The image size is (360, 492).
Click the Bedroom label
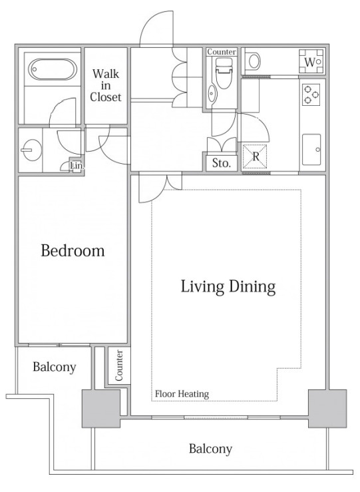tap(73, 251)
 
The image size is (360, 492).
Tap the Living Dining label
tap(228, 286)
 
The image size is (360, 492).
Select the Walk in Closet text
tap(106, 85)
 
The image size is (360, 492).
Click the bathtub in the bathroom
tap(53, 70)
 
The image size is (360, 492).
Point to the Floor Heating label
tap(182, 393)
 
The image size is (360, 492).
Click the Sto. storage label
tap(222, 163)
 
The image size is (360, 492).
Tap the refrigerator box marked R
tap(256, 156)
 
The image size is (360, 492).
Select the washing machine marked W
tap(311, 62)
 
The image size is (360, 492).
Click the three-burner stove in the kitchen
tap(311, 95)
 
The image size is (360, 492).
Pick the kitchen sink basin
tap(311, 150)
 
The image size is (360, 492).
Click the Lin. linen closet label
tap(77, 165)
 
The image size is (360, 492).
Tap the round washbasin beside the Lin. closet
tap(32, 150)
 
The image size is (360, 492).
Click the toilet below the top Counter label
tap(223, 73)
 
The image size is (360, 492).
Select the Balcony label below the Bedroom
tap(55, 367)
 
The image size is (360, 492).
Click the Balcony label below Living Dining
tap(210, 449)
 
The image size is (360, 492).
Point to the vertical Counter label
tap(119, 365)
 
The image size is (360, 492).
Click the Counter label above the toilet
tap(222, 52)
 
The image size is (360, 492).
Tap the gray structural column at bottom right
tap(327, 409)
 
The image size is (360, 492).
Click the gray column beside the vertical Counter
tap(101, 409)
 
